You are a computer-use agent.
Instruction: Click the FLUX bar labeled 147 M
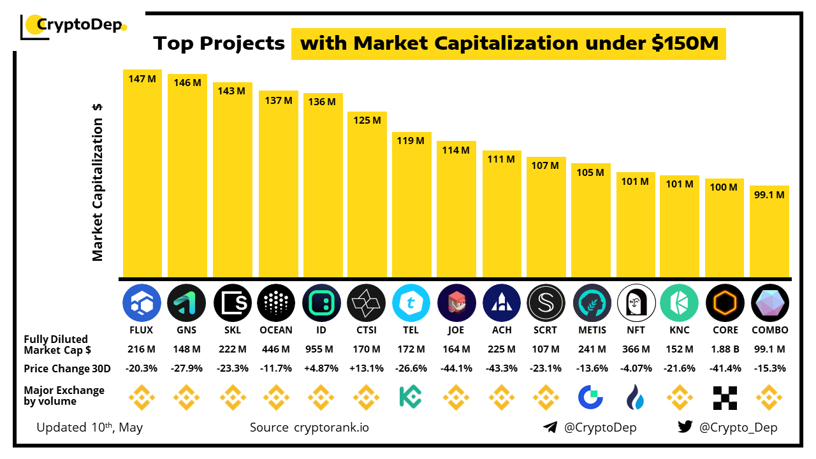click(x=142, y=172)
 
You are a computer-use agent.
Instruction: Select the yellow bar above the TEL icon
click(x=411, y=204)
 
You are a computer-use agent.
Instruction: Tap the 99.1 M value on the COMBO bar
click(x=769, y=195)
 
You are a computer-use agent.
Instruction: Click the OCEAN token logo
click(x=276, y=302)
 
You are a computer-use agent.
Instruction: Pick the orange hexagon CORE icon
click(x=725, y=302)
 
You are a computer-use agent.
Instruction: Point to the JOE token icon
click(x=456, y=302)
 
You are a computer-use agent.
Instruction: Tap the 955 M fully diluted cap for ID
click(x=320, y=349)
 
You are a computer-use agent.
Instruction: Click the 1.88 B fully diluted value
click(x=725, y=349)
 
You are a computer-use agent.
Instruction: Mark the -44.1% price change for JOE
click(x=456, y=368)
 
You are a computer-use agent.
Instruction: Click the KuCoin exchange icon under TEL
click(x=411, y=397)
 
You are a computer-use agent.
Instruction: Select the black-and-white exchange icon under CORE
click(x=725, y=397)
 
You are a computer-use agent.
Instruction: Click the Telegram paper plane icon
click(x=550, y=427)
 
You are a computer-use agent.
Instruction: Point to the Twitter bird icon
click(x=685, y=427)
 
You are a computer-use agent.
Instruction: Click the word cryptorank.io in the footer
click(x=331, y=427)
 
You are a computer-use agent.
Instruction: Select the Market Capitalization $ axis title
click(x=98, y=182)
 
